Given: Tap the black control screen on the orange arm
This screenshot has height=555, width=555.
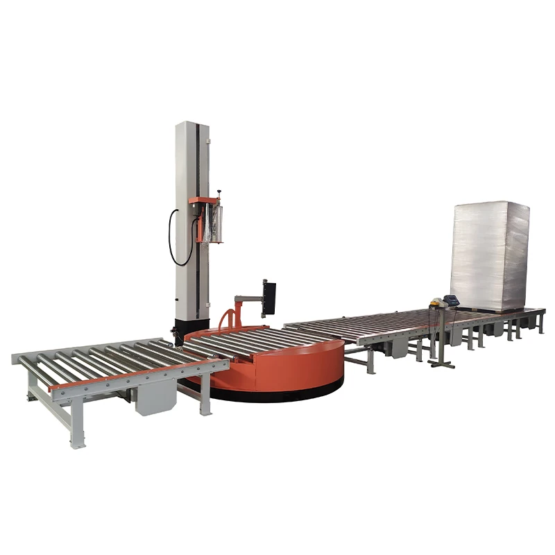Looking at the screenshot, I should coord(268,297).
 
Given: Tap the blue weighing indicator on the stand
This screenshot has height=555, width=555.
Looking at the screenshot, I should coord(452,300).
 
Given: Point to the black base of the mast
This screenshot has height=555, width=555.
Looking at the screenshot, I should coord(191,329).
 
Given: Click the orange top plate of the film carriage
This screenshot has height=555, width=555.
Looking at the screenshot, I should coord(203,200).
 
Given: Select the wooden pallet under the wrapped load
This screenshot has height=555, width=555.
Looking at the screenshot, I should coord(486,309).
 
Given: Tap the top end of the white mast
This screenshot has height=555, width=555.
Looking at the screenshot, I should coord(190,125).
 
